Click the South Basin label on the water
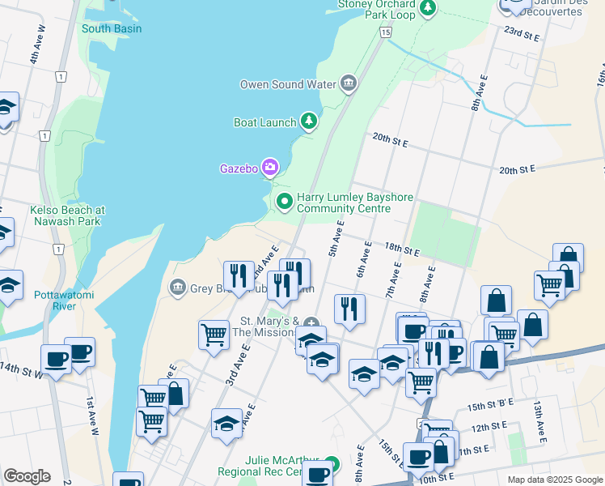112,29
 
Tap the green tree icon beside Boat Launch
308,122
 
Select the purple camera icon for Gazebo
269,168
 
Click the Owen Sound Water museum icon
349,83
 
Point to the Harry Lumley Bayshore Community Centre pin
284,202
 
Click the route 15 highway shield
386,32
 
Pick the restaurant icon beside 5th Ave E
349,308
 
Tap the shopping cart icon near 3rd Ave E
214,334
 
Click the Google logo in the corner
27,475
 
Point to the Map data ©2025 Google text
554,480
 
